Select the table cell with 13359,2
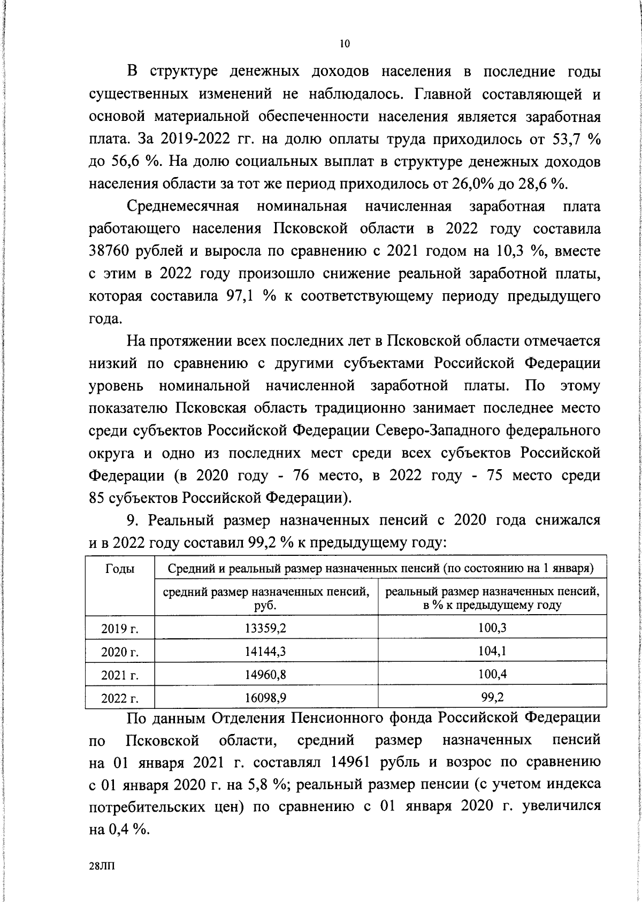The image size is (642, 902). tap(266, 629)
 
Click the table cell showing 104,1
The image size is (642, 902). tap(493, 652)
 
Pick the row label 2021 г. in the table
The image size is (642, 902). tap(120, 675)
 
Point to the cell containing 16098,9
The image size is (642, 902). tap(266, 698)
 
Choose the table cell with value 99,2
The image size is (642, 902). tap(493, 698)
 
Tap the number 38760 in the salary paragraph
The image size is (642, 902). tap(111, 251)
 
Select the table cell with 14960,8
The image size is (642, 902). tap(266, 675)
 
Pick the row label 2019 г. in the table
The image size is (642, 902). tap(120, 629)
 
